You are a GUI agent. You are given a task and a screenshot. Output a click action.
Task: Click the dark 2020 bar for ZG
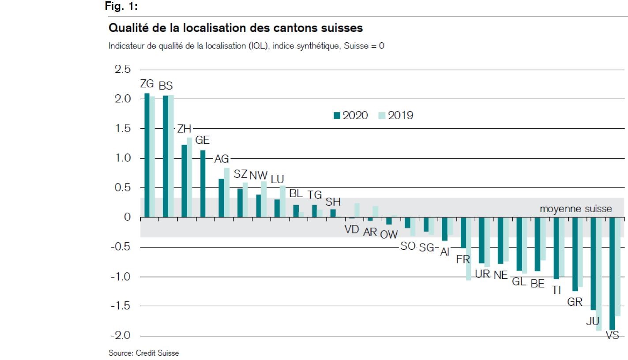[147, 155]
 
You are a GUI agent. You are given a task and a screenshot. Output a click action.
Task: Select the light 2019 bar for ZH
[189, 177]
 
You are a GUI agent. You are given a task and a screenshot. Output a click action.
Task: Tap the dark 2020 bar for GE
[203, 184]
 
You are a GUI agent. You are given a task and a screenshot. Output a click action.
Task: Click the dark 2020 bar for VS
[612, 274]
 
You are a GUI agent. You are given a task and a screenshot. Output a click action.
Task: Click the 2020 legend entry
[351, 116]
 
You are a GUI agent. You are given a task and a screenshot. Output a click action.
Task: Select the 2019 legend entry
[395, 116]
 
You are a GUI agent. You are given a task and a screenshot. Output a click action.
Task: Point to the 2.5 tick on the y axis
[122, 70]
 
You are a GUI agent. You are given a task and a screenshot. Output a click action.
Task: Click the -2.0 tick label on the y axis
[120, 336]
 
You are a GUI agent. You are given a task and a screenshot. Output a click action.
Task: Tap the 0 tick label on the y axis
[128, 217]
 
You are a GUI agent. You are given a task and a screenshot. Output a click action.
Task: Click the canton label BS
[165, 86]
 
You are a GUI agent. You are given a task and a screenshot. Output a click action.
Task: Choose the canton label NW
[258, 174]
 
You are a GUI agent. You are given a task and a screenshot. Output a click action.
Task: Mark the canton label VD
[352, 230]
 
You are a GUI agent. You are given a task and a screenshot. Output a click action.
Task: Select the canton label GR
[575, 302]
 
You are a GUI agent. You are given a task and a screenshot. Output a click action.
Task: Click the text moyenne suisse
[576, 209]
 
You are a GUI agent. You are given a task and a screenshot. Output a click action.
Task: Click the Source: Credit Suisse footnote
[144, 353]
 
